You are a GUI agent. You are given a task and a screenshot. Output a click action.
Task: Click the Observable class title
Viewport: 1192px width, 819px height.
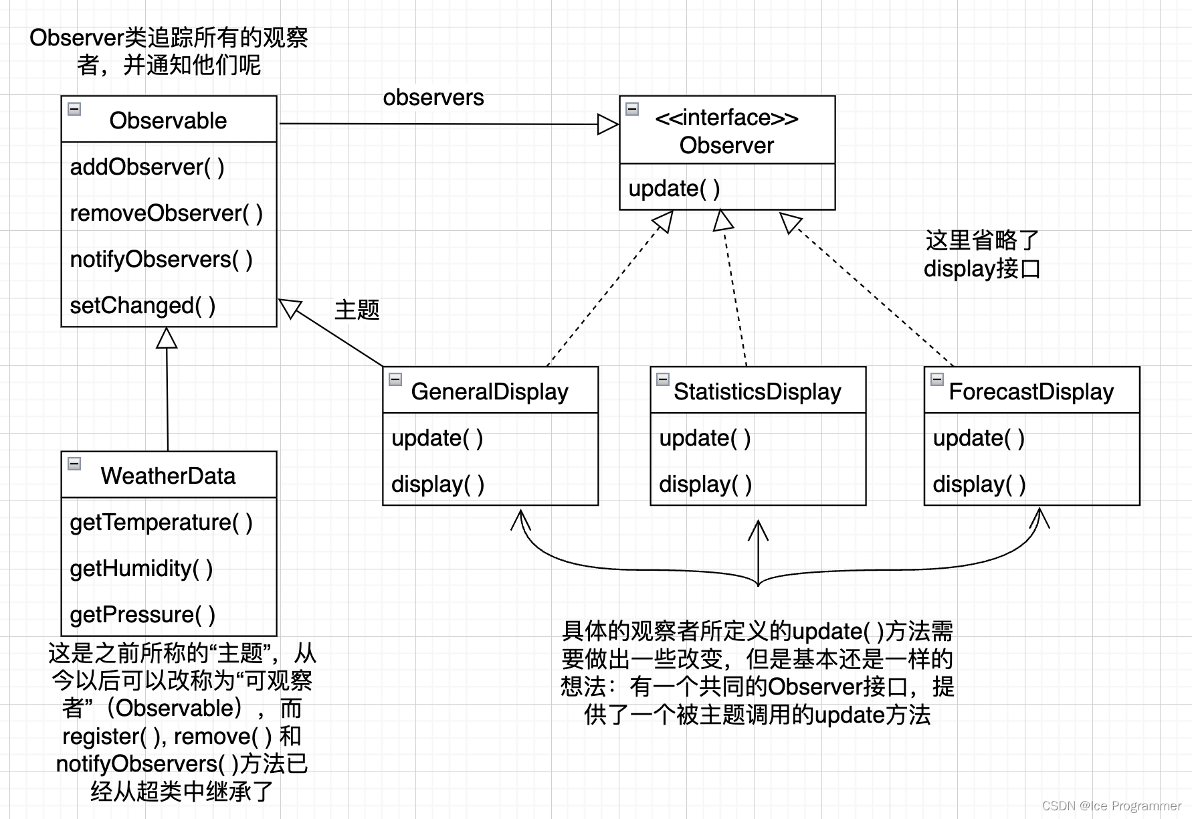click(168, 120)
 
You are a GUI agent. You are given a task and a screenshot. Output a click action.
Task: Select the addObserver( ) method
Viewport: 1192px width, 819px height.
click(147, 167)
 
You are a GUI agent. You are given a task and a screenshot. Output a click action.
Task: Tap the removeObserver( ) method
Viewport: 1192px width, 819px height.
click(166, 213)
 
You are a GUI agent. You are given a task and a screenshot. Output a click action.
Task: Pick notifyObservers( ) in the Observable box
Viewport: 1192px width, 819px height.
click(161, 259)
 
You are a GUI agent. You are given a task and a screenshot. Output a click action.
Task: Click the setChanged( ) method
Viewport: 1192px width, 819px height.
click(142, 305)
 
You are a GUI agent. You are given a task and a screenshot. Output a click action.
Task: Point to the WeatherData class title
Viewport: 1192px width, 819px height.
click(168, 476)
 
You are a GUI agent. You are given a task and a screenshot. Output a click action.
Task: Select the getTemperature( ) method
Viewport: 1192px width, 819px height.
click(161, 522)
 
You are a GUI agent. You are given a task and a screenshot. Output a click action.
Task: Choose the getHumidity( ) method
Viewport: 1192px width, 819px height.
click(141, 568)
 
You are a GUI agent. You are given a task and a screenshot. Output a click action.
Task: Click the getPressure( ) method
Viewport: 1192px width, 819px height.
click(142, 614)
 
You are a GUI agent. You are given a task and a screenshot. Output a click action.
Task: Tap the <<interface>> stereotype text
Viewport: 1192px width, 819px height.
click(726, 118)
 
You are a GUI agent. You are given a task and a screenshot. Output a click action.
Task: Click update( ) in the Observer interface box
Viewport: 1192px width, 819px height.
click(674, 188)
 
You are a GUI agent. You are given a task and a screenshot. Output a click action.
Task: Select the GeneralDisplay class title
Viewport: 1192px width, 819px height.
click(490, 391)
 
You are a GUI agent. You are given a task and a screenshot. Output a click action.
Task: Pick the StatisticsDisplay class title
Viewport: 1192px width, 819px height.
click(757, 391)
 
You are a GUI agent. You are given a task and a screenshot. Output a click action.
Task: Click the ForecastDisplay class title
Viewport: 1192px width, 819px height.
click(1031, 391)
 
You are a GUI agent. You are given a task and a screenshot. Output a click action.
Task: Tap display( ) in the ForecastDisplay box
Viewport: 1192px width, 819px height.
click(979, 484)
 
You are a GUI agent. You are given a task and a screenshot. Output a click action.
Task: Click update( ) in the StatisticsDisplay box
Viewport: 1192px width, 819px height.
click(704, 438)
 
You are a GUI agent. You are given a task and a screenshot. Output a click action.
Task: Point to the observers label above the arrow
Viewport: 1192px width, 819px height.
click(433, 98)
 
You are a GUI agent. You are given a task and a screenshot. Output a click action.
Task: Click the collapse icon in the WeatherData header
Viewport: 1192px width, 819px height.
click(75, 464)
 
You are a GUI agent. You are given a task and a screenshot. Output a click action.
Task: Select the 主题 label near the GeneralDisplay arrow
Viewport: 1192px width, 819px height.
click(357, 310)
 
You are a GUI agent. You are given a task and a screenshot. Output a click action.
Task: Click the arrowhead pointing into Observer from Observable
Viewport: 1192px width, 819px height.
click(607, 124)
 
